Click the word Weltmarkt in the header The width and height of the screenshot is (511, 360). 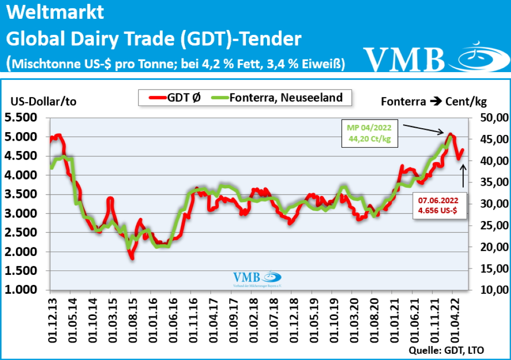point(56,13)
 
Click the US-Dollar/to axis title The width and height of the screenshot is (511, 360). point(43,101)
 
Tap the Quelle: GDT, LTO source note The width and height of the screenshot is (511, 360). point(446,350)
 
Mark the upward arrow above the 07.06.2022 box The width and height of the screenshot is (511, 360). point(464,176)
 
